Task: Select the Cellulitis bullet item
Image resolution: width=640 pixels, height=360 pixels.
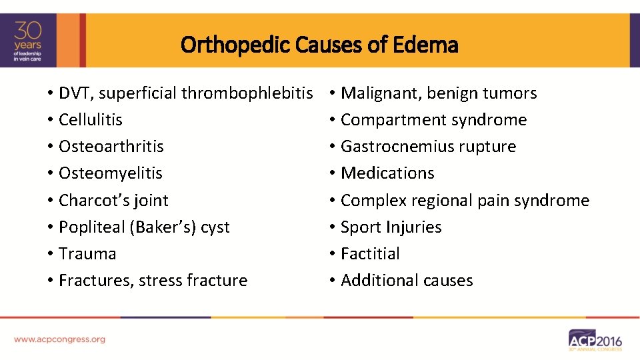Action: pyautogui.click(x=91, y=120)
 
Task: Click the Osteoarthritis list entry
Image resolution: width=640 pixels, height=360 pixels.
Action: pyautogui.click(x=111, y=147)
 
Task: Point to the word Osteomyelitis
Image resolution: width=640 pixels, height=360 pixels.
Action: pyautogui.click(x=111, y=173)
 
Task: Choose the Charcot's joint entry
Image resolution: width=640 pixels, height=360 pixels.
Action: pyautogui.click(x=113, y=200)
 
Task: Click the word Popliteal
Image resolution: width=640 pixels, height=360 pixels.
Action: pyautogui.click(x=93, y=227)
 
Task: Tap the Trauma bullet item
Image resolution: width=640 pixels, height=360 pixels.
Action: pyautogui.click(x=87, y=254)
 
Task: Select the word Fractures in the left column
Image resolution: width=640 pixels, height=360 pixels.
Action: pyautogui.click(x=96, y=281)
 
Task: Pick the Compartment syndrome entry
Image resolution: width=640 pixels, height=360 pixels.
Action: pyautogui.click(x=433, y=120)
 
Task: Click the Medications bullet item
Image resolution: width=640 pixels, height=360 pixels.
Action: pyautogui.click(x=387, y=173)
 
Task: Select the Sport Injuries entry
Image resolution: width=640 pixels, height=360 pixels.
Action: pyautogui.click(x=391, y=227)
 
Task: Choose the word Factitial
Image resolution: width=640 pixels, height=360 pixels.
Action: pyautogui.click(x=370, y=254)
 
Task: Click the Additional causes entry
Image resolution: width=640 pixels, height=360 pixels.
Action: pyautogui.click(x=407, y=281)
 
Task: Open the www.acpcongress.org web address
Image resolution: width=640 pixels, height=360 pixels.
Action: pyautogui.click(x=59, y=339)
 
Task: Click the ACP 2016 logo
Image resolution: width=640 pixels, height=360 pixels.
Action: pyautogui.click(x=595, y=339)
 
